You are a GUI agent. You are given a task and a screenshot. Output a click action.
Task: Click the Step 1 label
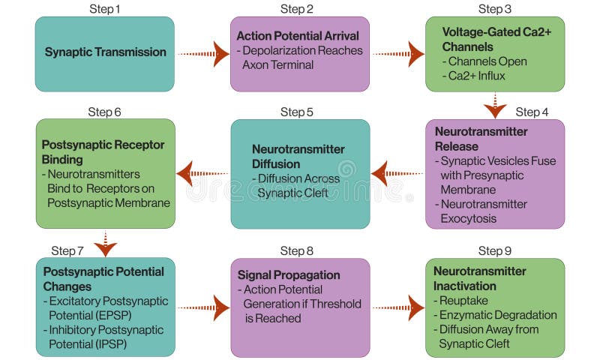point(104,9)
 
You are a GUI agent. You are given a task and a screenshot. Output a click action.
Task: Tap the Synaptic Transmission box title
point(105,52)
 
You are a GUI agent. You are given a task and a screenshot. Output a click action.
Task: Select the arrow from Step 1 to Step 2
point(203,53)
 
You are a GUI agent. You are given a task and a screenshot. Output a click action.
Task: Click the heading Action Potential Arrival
point(298,36)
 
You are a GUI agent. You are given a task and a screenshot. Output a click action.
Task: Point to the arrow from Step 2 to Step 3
point(398,53)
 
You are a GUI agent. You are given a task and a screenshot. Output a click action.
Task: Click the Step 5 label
point(297,112)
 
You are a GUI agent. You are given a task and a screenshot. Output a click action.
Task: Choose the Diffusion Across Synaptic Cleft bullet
point(298,186)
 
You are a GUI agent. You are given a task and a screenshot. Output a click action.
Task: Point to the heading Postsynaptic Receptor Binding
point(103,151)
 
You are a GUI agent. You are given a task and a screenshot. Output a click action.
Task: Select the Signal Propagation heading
point(289,275)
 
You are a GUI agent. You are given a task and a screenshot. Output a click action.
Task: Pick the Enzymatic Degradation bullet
point(497,315)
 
